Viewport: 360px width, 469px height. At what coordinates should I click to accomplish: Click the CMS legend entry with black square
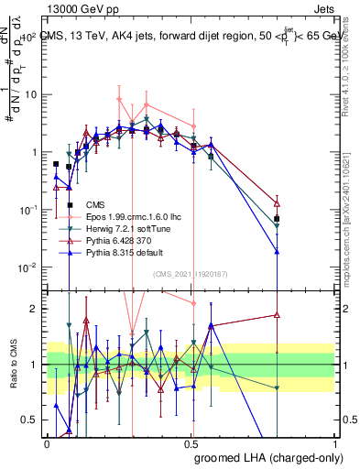(96, 204)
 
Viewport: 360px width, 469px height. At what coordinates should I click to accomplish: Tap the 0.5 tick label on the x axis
(191, 442)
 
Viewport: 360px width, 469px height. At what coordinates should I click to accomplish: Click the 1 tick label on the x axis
(334, 442)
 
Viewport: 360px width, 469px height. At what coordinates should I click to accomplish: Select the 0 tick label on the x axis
(48, 442)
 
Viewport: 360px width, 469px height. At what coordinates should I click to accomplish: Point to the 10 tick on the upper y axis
(33, 94)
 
